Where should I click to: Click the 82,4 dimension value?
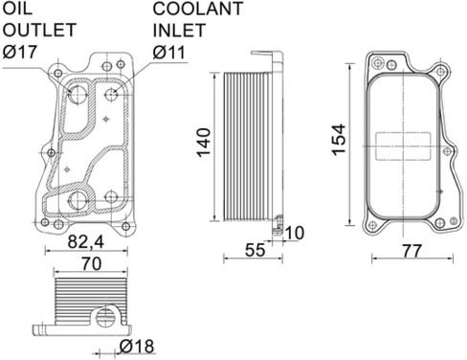click(x=86, y=242)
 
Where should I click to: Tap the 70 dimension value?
click(x=91, y=263)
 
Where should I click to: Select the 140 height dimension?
click(x=204, y=143)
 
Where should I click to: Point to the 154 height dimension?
click(x=339, y=140)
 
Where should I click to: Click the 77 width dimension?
click(x=411, y=251)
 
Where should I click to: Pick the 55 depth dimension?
click(x=255, y=250)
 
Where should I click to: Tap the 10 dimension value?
click(x=294, y=233)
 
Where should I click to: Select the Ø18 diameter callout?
click(x=137, y=346)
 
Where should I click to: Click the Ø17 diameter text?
click(x=20, y=52)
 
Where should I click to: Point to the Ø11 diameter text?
click(x=169, y=53)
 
